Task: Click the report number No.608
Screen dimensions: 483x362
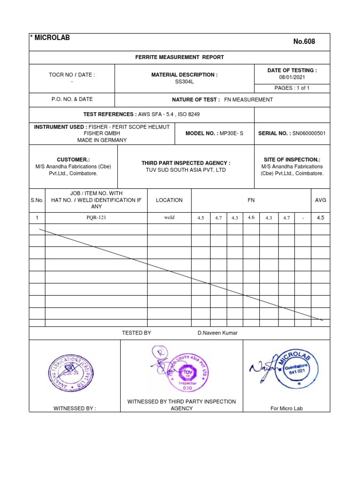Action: pos(304,42)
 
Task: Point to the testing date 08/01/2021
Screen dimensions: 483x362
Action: pos(292,77)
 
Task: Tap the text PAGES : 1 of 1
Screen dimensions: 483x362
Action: pos(292,88)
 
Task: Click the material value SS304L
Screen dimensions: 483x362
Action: pos(184,82)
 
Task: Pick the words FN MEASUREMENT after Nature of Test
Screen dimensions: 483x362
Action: pos(248,100)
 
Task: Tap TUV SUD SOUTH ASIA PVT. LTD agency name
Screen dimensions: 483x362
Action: pos(186,170)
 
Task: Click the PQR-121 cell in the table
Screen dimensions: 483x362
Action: pos(96,218)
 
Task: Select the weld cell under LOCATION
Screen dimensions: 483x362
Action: pos(169,218)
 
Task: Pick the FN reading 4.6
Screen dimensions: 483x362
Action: pos(251,217)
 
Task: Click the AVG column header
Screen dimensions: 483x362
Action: pos(321,200)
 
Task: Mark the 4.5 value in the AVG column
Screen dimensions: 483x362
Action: pos(321,218)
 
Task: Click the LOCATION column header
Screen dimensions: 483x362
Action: pos(169,200)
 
